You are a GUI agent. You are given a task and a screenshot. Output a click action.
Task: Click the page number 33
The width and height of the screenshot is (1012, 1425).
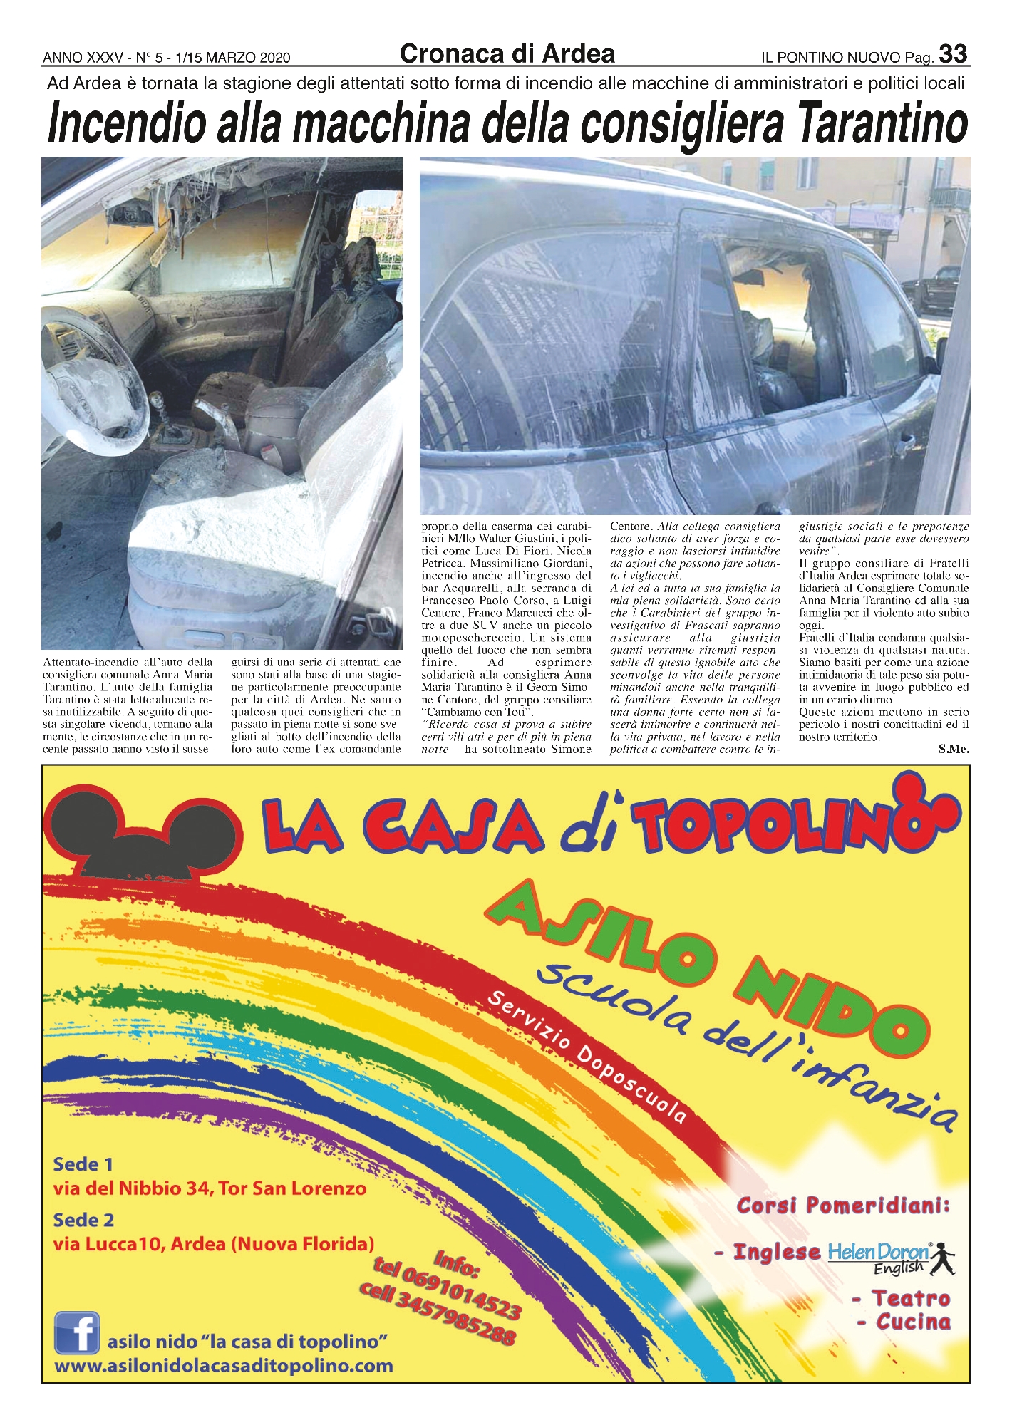click(953, 54)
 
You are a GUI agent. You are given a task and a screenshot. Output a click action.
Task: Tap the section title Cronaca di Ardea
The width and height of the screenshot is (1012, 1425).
click(507, 53)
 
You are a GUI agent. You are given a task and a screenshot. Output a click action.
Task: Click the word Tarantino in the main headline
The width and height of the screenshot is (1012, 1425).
click(882, 124)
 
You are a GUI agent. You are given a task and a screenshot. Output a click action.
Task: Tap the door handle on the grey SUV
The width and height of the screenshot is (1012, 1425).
click(904, 445)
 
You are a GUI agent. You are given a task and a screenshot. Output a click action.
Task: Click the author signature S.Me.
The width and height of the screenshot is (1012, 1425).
click(954, 749)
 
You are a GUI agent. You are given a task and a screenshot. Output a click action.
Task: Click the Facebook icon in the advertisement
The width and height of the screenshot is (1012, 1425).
click(77, 1332)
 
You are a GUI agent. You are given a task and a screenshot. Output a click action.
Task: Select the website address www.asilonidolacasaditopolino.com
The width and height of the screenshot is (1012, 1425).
click(224, 1366)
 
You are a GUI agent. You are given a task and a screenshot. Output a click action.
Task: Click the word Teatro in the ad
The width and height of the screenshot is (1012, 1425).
click(911, 1298)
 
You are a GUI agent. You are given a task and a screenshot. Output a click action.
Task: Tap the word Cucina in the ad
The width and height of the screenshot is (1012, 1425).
click(913, 1322)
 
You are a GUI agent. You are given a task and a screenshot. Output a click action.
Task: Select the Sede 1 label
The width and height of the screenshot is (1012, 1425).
click(83, 1164)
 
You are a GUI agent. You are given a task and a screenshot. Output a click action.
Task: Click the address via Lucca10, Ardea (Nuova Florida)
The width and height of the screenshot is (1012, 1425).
click(214, 1244)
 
